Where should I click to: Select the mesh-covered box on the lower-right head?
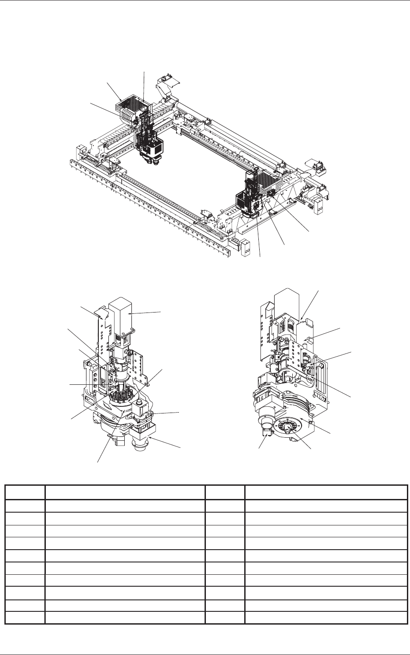point(268,180)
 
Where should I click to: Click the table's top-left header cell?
point(25,492)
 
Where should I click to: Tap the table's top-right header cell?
point(326,492)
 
